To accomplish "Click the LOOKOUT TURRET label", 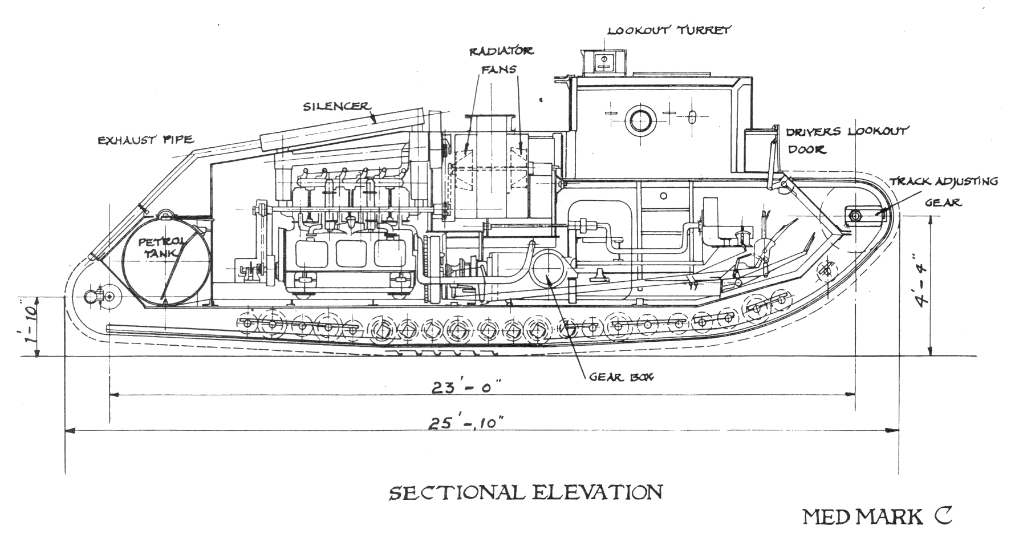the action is (x=669, y=30).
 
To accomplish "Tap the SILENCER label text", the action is (x=337, y=107).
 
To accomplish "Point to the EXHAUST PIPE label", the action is (x=145, y=139).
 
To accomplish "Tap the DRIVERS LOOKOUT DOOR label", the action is (x=847, y=140).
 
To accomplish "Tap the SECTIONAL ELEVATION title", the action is (x=525, y=492).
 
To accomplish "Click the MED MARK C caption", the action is (x=878, y=516).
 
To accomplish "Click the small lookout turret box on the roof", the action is (x=604, y=61).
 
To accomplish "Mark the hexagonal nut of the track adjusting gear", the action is (x=855, y=215).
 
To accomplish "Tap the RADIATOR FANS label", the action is (x=501, y=59).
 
